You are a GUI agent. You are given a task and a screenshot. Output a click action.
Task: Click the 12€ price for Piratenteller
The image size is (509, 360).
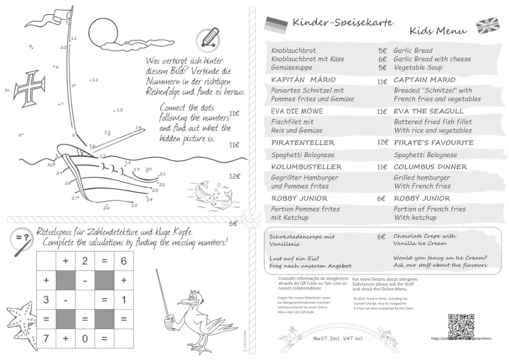click(x=382, y=142)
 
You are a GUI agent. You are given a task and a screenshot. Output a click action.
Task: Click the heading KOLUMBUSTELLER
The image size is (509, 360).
click(x=306, y=167)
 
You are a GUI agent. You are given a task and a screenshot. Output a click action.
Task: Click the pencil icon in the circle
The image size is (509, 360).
click(x=208, y=38)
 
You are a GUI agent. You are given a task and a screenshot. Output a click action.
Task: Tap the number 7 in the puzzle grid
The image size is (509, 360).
click(x=46, y=339)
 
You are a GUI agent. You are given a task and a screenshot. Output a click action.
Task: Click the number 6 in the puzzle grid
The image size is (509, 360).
click(x=124, y=261)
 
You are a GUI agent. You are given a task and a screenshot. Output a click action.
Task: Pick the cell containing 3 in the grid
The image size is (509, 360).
click(x=46, y=300)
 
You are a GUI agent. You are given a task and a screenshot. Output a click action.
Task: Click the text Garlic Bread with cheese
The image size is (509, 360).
click(x=432, y=59)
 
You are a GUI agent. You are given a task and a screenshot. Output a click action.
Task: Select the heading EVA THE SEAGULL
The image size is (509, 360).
click(x=428, y=111)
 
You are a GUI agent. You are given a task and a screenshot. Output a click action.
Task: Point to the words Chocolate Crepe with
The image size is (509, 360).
click(x=424, y=236)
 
